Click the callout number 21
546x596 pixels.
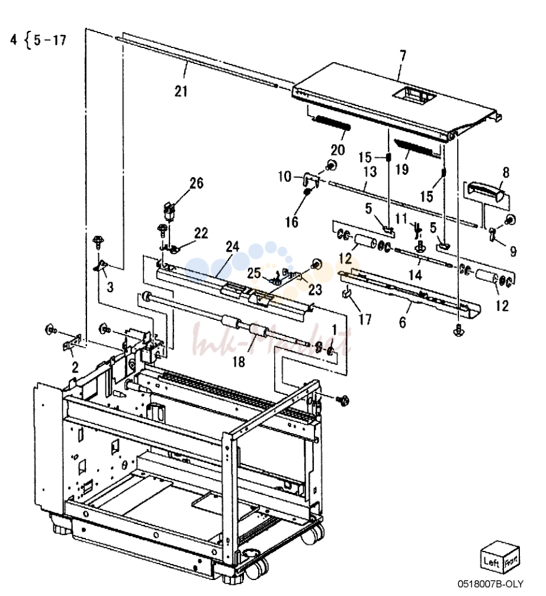tap(181, 91)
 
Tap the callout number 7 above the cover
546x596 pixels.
tap(402, 57)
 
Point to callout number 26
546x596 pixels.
tap(197, 183)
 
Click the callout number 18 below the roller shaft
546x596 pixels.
tap(239, 361)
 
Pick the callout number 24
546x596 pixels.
tap(232, 246)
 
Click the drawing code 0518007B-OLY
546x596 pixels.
tap(490, 584)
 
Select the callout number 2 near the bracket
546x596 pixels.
tap(75, 367)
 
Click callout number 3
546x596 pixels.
tap(110, 287)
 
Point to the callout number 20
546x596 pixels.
tap(338, 150)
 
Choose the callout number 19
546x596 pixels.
tap(402, 169)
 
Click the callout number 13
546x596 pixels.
tap(370, 172)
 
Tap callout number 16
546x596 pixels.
tap(291, 222)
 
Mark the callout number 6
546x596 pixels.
tap(402, 322)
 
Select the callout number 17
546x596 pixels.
tap(365, 319)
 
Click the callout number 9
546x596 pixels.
tap(513, 251)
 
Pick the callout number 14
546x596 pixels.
tap(415, 274)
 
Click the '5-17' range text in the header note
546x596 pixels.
tap(50, 40)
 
